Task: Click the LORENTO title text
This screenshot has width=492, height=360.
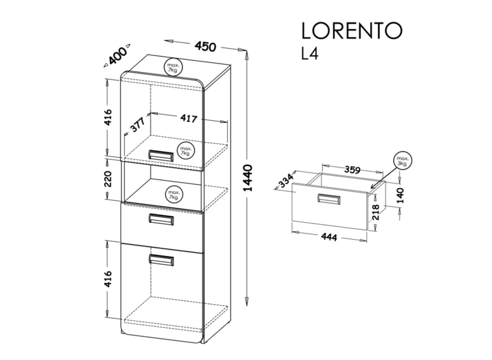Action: click(x=352, y=31)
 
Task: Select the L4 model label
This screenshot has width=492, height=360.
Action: click(x=310, y=54)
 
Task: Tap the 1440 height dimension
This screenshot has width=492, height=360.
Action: click(x=248, y=178)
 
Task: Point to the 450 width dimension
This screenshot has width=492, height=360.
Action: click(x=206, y=46)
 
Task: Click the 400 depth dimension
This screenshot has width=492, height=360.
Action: click(x=117, y=55)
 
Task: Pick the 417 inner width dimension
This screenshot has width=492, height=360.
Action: click(x=189, y=118)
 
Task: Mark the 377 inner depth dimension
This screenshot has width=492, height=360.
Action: click(x=137, y=125)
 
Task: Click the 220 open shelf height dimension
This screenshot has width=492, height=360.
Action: click(x=108, y=179)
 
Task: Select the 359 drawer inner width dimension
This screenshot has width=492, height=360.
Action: click(x=352, y=170)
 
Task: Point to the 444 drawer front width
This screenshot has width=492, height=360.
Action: click(x=329, y=237)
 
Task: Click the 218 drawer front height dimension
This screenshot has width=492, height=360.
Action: click(x=376, y=212)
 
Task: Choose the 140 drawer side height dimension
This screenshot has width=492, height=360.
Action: click(x=401, y=195)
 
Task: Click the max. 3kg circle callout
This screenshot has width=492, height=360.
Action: click(x=402, y=161)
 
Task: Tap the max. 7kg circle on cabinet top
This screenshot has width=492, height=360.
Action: click(x=173, y=67)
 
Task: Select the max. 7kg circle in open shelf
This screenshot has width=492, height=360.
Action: click(x=174, y=194)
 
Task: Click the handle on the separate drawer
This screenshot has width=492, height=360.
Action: click(x=329, y=199)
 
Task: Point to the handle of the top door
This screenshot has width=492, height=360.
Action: click(x=161, y=155)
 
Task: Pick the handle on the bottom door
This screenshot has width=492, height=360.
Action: click(x=161, y=260)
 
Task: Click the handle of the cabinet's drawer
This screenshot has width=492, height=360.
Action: click(x=161, y=219)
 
